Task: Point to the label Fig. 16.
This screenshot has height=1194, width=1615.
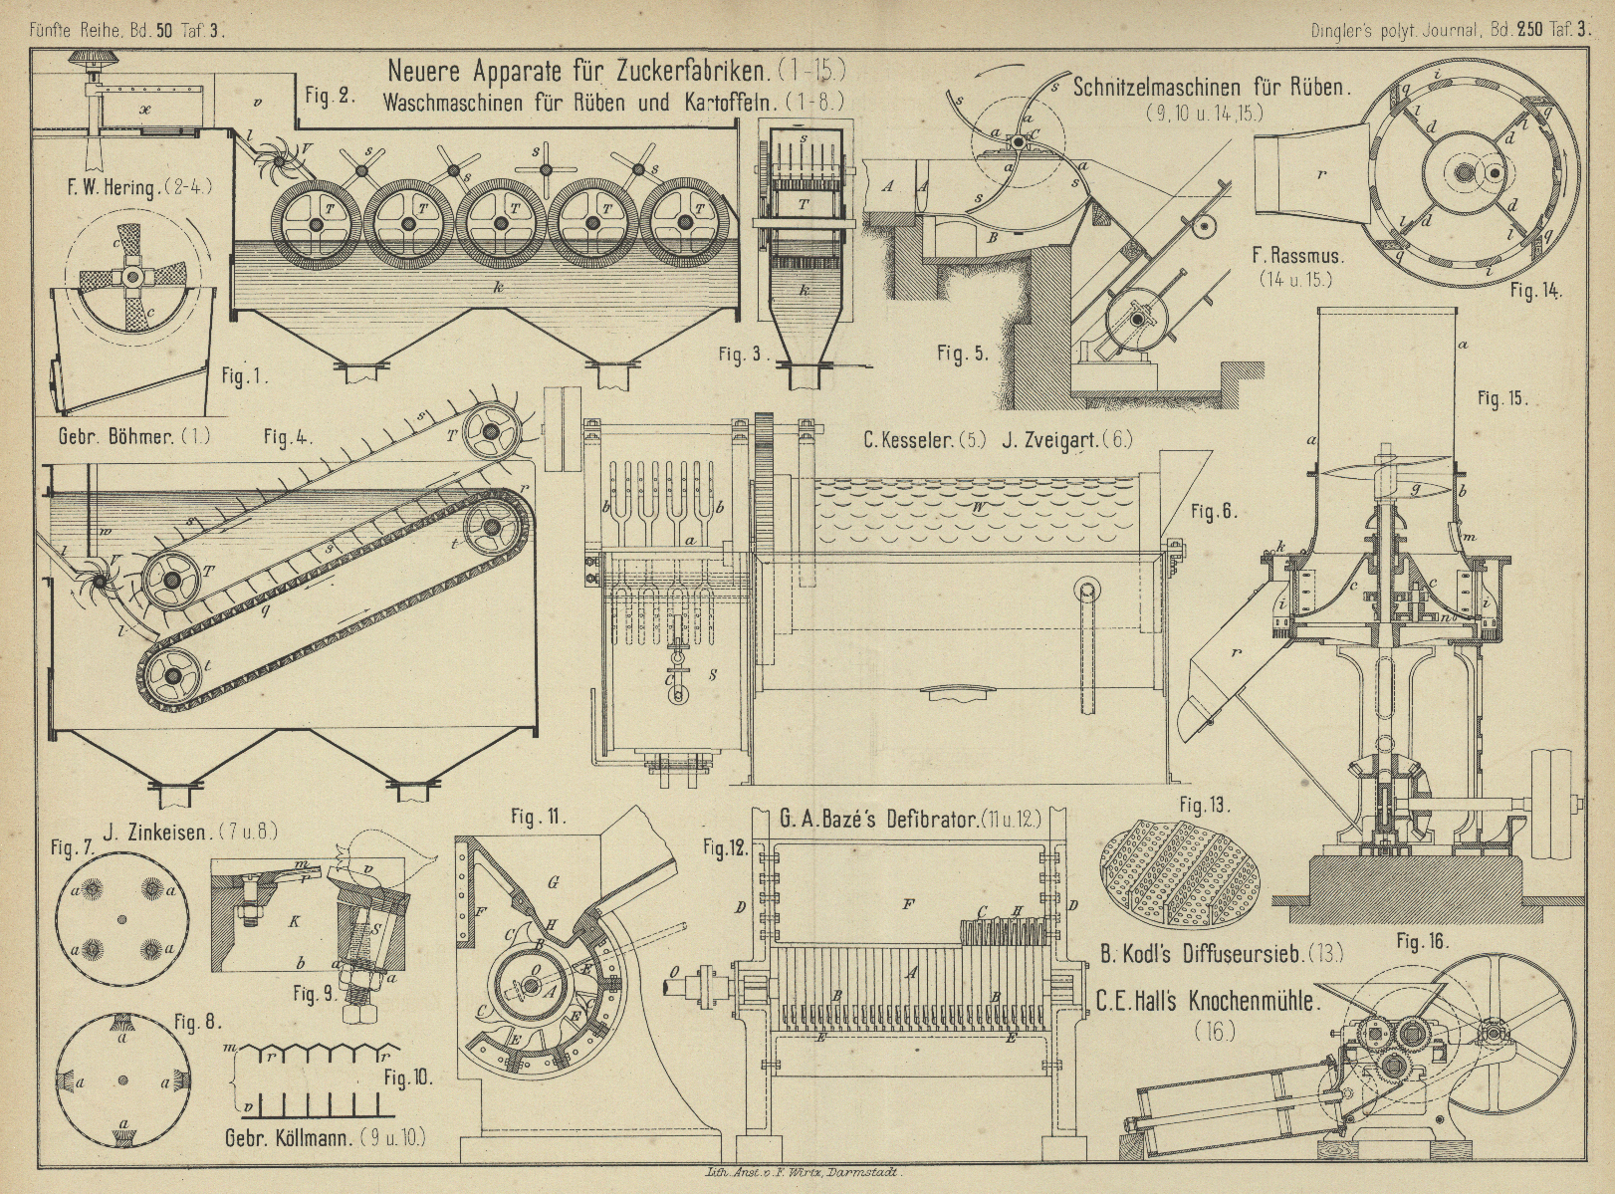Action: click(1422, 940)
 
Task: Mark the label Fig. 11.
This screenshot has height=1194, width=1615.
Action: click(539, 818)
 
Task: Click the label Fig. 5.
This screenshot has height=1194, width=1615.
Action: click(962, 354)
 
